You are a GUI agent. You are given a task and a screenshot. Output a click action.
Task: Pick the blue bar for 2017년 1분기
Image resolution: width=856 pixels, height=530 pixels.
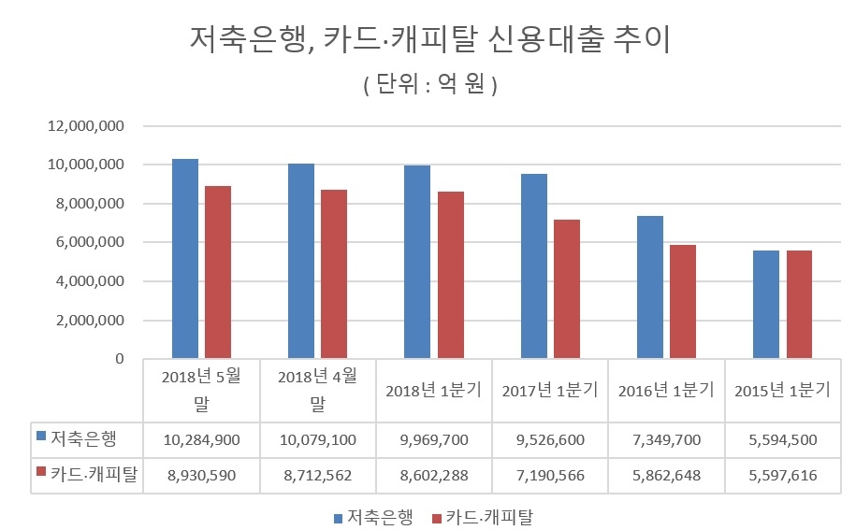(x=534, y=266)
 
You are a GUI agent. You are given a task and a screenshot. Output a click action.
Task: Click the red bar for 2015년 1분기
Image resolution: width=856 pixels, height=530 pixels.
(x=799, y=305)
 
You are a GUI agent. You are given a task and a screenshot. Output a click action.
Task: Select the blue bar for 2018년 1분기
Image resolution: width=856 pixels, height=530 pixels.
(x=417, y=262)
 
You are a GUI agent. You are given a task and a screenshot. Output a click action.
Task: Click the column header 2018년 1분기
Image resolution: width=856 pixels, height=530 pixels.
(x=433, y=391)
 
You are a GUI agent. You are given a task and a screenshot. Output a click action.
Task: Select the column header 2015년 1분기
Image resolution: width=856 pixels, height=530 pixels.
(x=782, y=391)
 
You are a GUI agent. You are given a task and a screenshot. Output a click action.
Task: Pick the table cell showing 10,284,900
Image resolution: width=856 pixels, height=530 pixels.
(x=201, y=439)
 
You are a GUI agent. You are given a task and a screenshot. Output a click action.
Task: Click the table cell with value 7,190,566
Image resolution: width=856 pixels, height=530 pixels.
(x=550, y=476)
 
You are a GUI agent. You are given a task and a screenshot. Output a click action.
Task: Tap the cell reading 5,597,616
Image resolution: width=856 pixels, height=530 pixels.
(x=782, y=476)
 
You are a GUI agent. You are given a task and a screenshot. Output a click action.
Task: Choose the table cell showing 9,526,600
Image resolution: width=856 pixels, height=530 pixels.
(x=550, y=439)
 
